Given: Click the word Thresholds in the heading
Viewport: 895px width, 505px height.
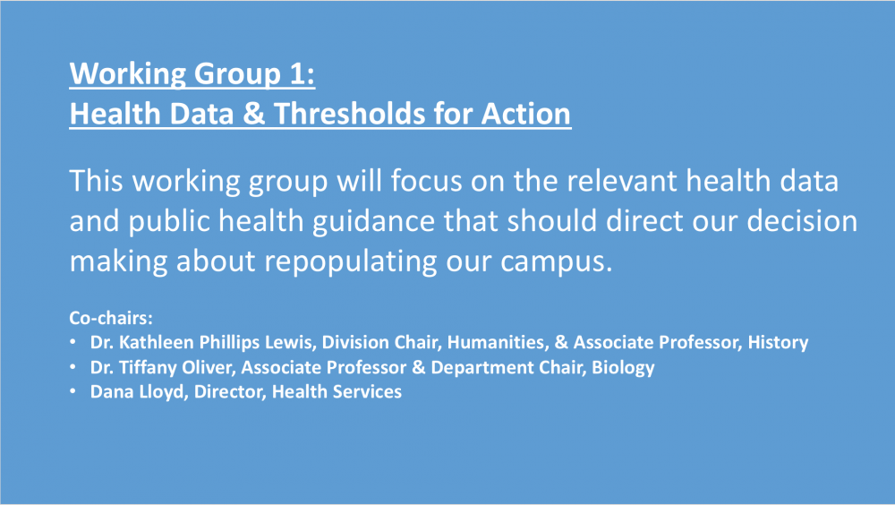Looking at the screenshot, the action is point(349,113).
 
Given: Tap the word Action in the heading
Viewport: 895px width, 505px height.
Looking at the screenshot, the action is point(525,113).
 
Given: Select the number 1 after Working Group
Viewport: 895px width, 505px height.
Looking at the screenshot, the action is point(297,73).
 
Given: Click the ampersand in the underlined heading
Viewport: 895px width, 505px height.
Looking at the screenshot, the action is point(253,113).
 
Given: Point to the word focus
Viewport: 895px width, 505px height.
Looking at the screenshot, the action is point(426,181).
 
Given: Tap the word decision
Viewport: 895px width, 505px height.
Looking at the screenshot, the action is point(802,220).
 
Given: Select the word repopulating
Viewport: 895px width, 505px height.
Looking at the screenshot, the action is point(351,261).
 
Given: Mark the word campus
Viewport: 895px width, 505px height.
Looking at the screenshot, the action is point(556,261).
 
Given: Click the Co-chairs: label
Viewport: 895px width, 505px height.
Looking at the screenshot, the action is point(111,318).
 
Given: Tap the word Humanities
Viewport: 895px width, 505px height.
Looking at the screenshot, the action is point(498,342).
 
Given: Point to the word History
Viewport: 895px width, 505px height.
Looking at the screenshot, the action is point(778,342).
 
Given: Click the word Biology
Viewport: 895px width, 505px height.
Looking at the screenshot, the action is point(623,367).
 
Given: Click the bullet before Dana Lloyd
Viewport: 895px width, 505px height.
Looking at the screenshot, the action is point(72,391).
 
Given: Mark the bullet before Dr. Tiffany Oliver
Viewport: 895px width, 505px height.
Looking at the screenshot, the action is point(72,367).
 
